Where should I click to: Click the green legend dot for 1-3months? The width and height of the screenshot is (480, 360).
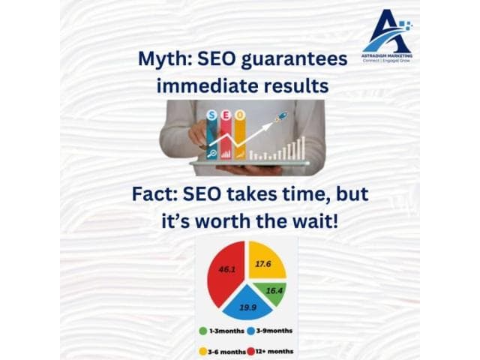click(204, 330)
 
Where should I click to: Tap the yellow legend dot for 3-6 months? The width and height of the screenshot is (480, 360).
click(203, 351)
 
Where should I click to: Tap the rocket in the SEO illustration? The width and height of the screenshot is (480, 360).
click(281, 117)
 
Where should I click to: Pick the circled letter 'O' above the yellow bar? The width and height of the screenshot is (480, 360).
click(239, 115)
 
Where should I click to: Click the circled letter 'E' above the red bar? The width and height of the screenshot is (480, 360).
click(225, 115)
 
